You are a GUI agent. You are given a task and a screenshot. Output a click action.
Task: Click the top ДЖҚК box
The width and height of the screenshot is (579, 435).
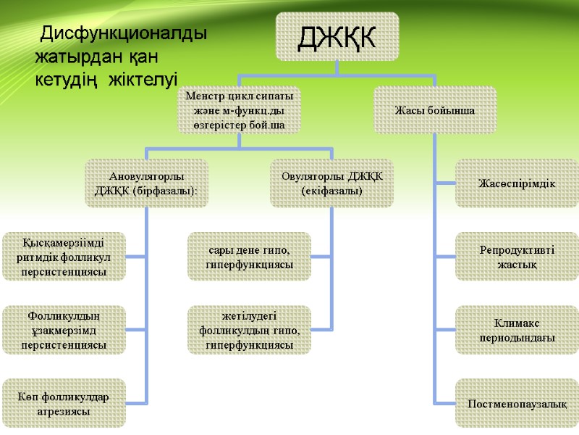point(337,36)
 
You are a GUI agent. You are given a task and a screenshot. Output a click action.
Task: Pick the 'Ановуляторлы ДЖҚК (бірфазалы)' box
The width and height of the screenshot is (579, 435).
point(146,183)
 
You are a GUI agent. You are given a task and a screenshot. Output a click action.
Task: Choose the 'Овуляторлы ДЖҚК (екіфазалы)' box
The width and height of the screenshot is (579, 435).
point(331,183)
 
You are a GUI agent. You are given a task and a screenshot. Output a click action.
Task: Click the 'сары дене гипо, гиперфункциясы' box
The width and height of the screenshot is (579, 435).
point(249,257)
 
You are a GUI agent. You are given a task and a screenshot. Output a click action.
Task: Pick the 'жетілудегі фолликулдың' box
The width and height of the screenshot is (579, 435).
point(249,330)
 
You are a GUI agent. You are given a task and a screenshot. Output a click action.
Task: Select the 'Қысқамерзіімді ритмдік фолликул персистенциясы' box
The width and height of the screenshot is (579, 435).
point(64,257)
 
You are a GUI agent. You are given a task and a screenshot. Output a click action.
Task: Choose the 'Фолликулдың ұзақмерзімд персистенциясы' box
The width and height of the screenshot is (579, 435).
point(64,330)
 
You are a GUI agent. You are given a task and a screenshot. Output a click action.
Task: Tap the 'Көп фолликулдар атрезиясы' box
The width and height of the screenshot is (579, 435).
point(64,403)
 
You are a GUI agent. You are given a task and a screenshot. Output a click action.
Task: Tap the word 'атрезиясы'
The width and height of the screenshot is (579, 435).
point(64,411)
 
